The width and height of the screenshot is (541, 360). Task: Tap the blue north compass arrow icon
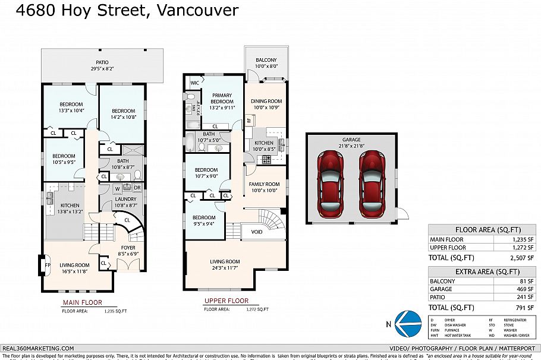click(x=405, y=323)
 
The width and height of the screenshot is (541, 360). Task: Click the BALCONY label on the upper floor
click(x=266, y=61)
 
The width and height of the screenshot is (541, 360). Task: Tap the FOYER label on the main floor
click(x=128, y=248)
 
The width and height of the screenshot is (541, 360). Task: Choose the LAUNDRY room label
click(x=125, y=199)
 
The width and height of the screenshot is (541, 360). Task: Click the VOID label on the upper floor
click(x=256, y=232)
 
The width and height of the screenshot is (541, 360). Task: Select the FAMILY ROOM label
click(x=264, y=184)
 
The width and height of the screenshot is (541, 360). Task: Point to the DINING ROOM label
click(x=266, y=102)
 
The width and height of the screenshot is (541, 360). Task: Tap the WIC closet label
click(x=194, y=82)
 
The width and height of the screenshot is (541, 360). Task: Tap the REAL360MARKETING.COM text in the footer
click(x=38, y=348)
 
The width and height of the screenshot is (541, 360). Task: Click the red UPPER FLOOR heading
click(x=226, y=301)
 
